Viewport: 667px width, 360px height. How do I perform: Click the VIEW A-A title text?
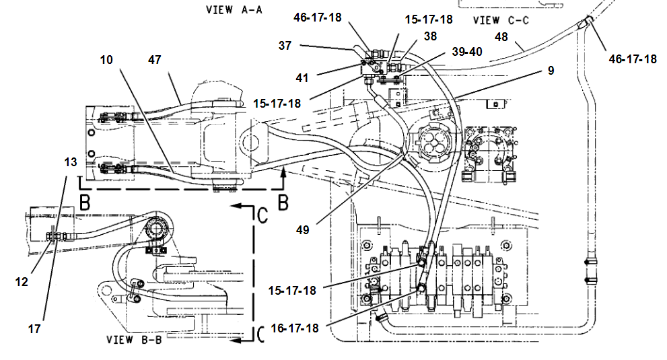(234, 9)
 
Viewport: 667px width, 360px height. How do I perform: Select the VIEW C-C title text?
(501, 20)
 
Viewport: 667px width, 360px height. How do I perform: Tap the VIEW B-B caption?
(134, 340)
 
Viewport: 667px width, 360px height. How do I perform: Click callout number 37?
(285, 46)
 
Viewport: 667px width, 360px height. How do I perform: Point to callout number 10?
(106, 60)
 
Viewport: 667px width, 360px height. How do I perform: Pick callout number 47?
(154, 60)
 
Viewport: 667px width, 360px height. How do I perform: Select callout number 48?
(501, 37)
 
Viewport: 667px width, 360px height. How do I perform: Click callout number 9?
(551, 71)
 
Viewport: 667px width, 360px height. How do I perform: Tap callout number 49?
(302, 230)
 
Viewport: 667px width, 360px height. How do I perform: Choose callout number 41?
(302, 78)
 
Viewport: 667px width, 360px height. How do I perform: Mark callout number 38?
(430, 36)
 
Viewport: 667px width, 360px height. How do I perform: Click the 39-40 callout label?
(467, 52)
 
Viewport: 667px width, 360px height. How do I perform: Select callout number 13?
(71, 162)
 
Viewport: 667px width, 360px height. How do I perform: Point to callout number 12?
(22, 282)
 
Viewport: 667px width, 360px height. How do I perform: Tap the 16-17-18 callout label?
(294, 328)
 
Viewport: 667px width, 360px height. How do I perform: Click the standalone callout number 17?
(34, 329)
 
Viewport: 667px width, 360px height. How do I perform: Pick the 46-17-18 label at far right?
(633, 59)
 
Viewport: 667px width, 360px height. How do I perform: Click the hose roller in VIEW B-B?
(155, 229)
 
